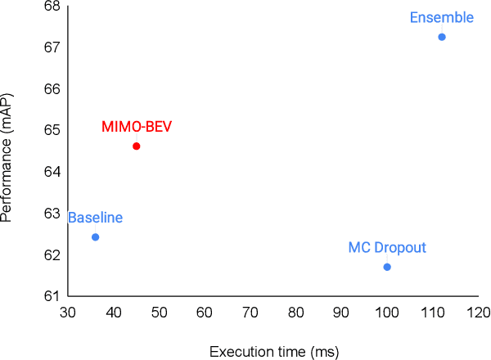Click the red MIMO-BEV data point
click(137, 146)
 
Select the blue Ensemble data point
click(442, 37)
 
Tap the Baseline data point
click(96, 237)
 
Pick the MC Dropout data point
click(387, 267)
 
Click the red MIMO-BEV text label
click(137, 127)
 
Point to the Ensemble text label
click(441, 17)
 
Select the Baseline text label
click(95, 218)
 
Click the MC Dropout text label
click(387, 247)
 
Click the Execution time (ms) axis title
click(274, 352)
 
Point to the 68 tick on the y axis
click(52, 6)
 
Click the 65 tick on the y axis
click(52, 130)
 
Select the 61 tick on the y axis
click(52, 296)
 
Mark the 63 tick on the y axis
click(52, 214)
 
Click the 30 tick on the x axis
click(68, 313)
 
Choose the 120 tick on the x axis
click(478, 313)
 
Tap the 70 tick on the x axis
click(250, 313)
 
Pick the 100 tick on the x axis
click(386, 313)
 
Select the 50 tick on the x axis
click(159, 313)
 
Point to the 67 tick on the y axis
click(52, 47)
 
